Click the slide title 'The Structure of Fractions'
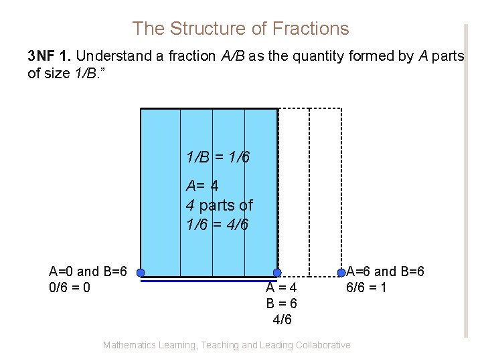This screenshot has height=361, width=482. coord(240,29)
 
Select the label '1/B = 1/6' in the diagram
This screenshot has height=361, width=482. coord(218,157)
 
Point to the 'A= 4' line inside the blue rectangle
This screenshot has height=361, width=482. coord(202,185)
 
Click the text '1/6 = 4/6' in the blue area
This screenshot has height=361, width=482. coord(218,225)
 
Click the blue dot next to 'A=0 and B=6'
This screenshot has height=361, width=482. coord(141,273)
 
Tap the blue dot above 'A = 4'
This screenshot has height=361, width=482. coord(277,273)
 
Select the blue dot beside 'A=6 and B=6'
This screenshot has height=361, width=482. coord(341,273)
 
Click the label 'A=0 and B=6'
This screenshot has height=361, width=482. coord(88,271)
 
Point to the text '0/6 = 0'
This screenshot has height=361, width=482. coord(70,287)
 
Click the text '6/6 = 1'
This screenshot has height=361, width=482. coord(366,287)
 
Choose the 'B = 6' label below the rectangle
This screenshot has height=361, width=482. coord(281,304)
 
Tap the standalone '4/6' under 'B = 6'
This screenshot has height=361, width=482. coord(282,320)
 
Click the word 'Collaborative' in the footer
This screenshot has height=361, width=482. coord(320,345)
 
